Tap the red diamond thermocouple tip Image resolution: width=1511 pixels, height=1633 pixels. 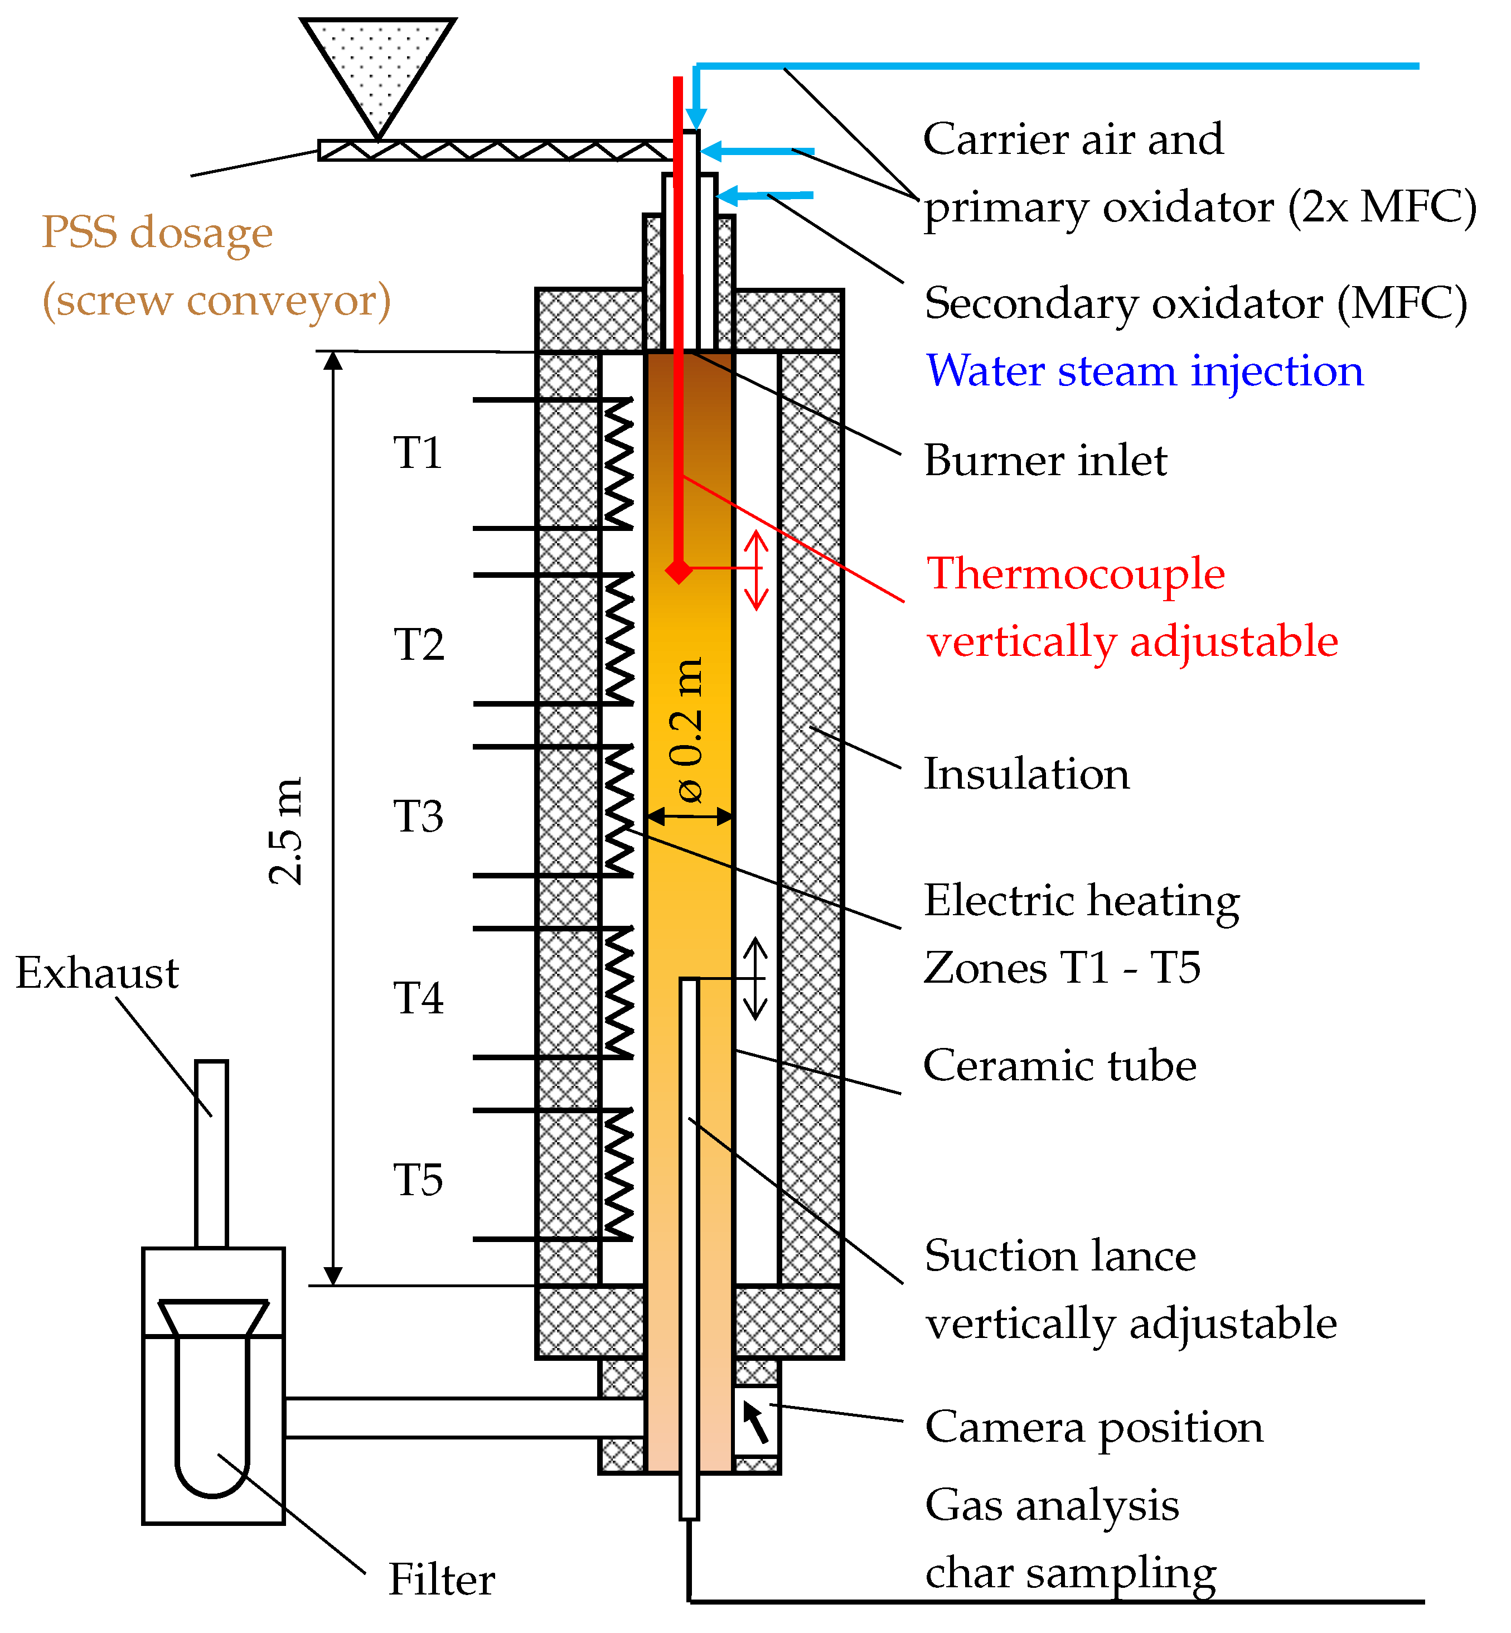click(x=679, y=570)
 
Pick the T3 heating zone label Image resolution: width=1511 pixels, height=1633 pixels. click(x=418, y=816)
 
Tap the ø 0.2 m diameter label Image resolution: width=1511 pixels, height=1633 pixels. click(x=687, y=729)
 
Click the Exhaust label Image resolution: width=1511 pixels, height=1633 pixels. click(x=96, y=973)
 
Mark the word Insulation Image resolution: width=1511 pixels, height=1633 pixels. click(x=1026, y=774)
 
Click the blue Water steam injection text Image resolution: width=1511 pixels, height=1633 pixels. click(x=1145, y=371)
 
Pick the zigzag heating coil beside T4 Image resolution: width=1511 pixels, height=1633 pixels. click(x=619, y=993)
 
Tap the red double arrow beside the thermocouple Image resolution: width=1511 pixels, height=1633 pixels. click(x=756, y=570)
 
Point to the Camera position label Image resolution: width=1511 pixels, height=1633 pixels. click(x=1094, y=1428)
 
